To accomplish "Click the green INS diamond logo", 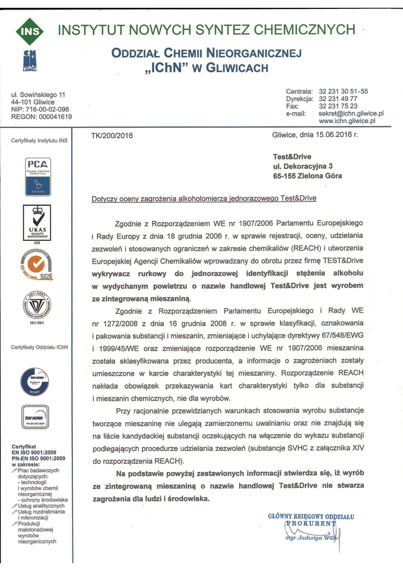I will click(30, 32).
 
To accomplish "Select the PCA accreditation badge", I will click(38, 177).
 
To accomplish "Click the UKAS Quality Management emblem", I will click(37, 222).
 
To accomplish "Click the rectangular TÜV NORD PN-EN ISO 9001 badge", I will click(35, 417).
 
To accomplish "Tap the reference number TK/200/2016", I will click(112, 136).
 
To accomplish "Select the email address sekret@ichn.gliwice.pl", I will click(351, 113).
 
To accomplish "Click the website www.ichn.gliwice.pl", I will click(347, 121).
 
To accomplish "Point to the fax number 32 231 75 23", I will click(338, 106).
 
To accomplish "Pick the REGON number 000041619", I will click(55, 117).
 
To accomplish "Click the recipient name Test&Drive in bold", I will click(292, 157).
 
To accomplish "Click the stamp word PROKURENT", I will click(310, 523).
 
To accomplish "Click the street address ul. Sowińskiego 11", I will click(38, 95).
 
